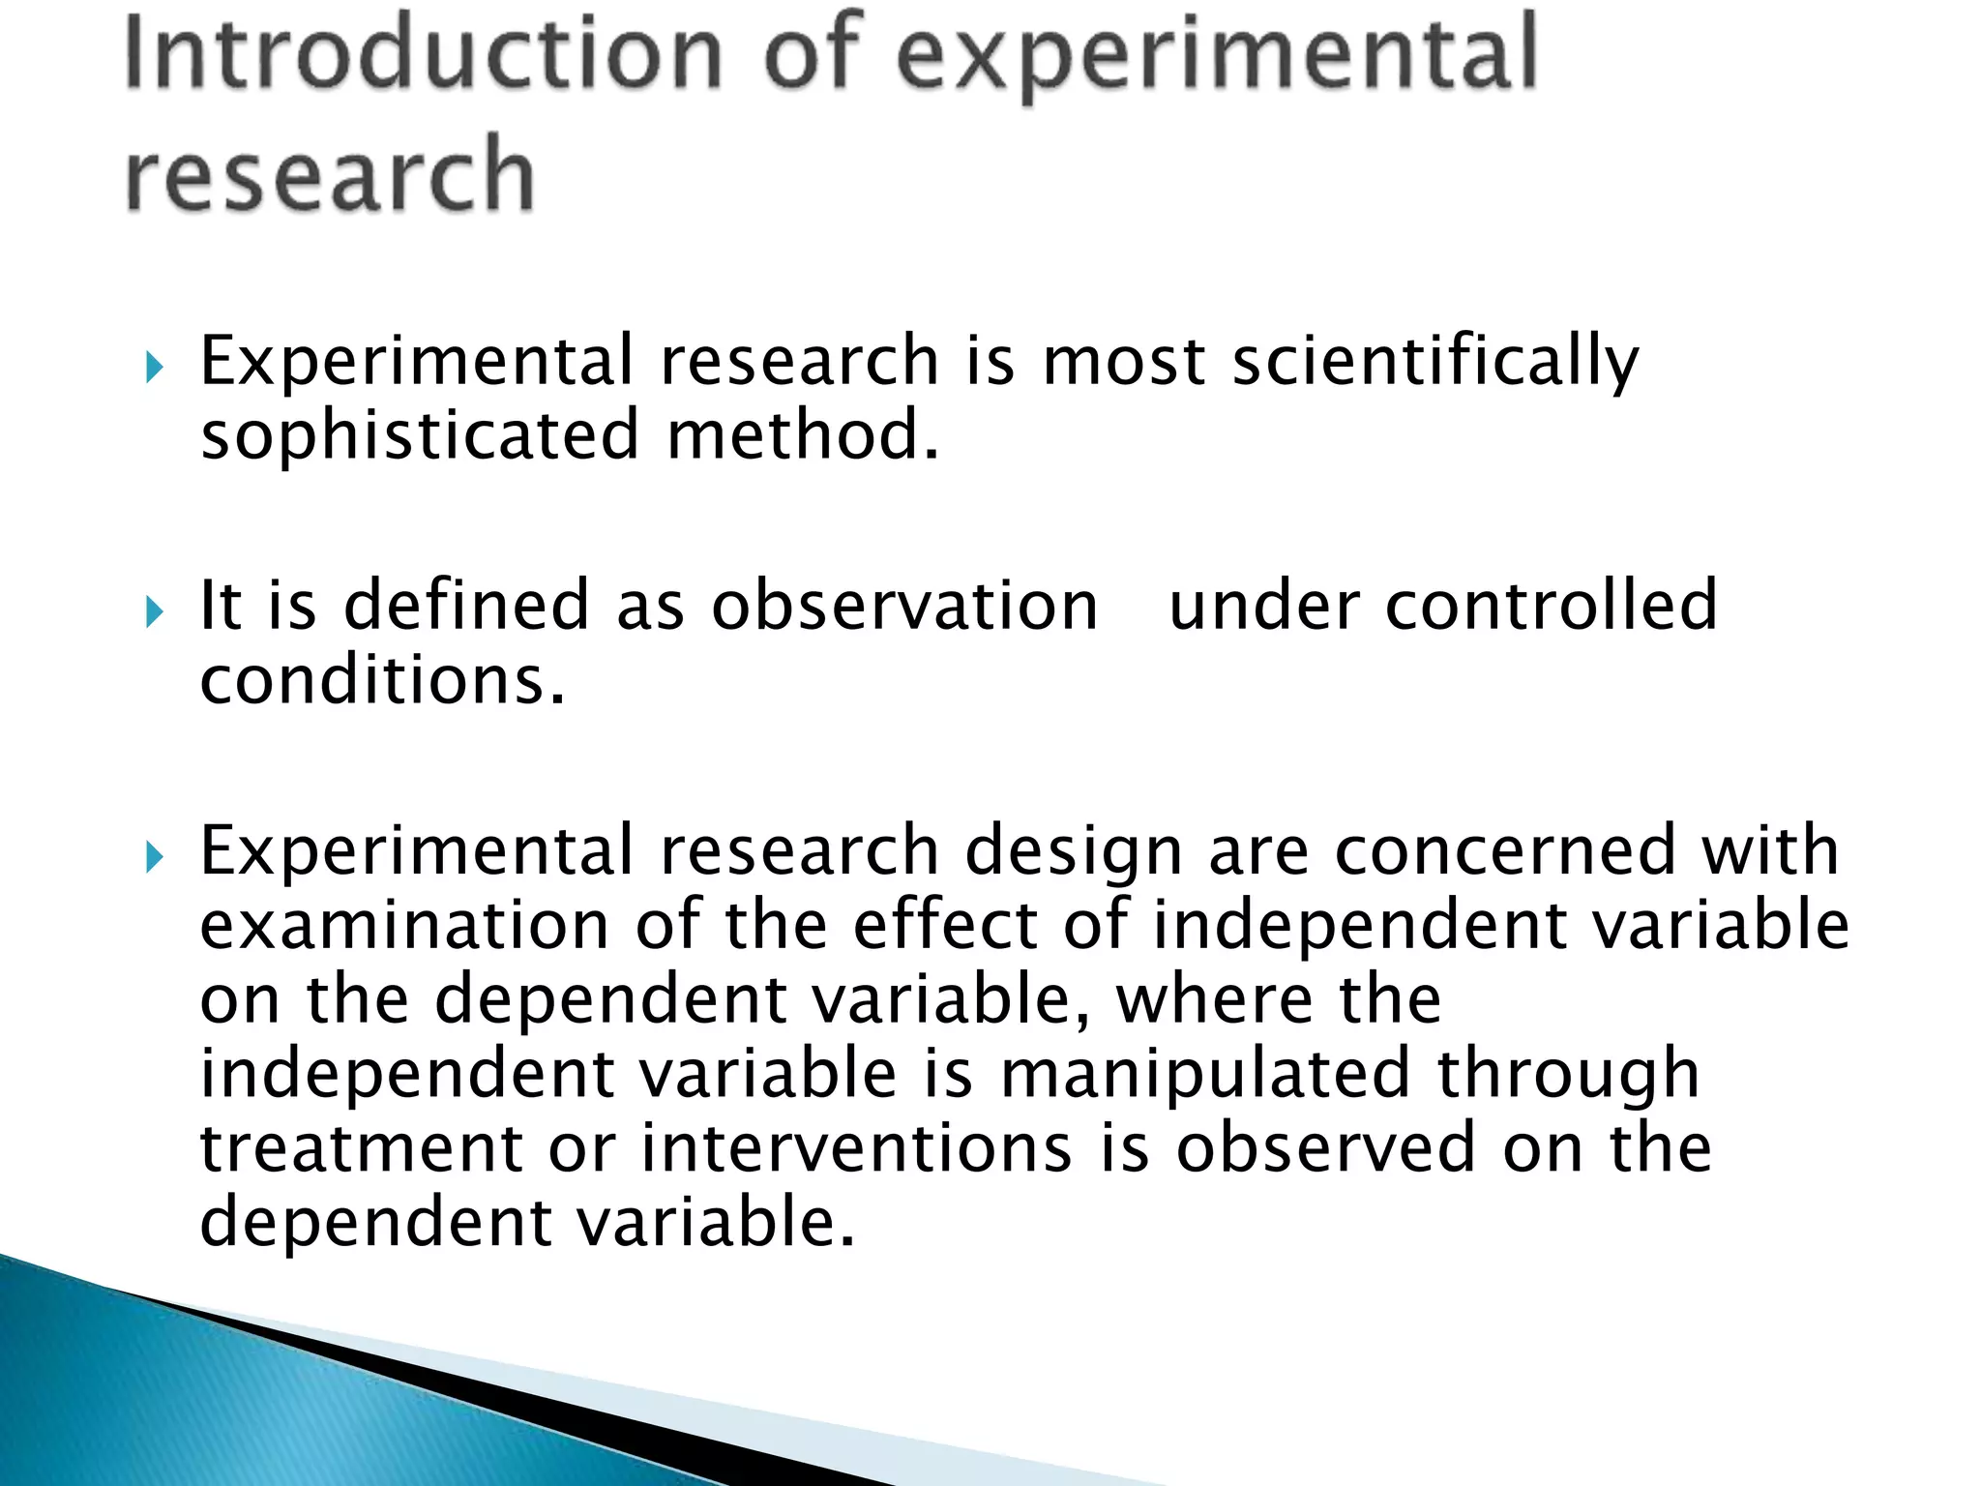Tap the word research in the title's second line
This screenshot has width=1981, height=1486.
[330, 174]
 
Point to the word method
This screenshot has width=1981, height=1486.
[802, 435]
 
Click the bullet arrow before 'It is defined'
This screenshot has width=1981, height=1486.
[155, 611]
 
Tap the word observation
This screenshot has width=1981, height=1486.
[904, 607]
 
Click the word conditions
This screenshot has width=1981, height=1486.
[381, 681]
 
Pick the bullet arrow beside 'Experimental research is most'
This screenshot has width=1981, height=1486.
[155, 367]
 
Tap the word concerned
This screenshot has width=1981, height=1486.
[1504, 852]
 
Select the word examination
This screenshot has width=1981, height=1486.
[404, 926]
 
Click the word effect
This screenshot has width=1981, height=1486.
[945, 926]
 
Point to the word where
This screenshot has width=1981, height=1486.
[1214, 1000]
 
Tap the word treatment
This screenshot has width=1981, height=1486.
[361, 1149]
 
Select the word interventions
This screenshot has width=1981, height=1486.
[857, 1149]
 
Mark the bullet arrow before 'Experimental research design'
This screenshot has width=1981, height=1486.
[155, 856]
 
